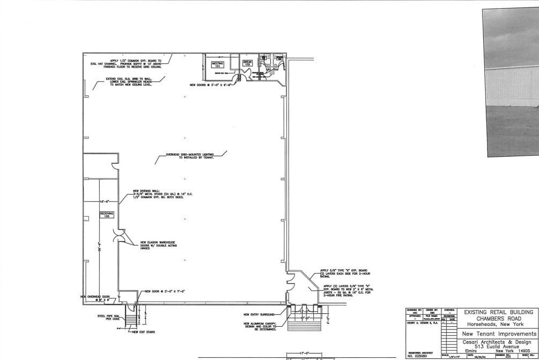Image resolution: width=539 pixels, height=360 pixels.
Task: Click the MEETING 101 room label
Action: tap(217, 64)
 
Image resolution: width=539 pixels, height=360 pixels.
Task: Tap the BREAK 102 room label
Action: tap(247, 63)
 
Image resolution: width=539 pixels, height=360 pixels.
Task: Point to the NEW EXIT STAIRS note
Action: tap(144, 332)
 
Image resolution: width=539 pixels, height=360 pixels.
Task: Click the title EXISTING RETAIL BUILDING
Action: tap(498, 312)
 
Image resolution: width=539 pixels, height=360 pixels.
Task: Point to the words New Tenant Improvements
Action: tap(498, 334)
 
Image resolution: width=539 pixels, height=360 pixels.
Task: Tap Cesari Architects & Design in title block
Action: tap(498, 342)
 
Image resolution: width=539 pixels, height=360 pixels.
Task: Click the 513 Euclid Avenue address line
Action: tap(498, 347)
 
